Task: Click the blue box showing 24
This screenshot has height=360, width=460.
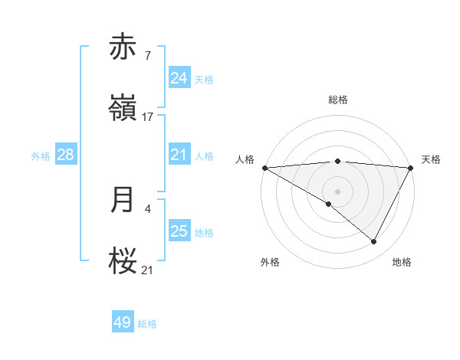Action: click(179, 78)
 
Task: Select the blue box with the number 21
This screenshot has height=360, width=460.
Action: click(179, 155)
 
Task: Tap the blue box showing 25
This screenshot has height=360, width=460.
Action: click(179, 231)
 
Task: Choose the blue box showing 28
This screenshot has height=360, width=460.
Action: click(66, 155)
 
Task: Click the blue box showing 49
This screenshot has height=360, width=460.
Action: click(123, 322)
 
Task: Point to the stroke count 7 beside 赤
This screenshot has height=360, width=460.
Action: click(147, 56)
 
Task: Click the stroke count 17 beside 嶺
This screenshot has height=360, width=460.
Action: click(148, 116)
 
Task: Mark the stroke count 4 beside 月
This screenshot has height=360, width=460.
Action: click(147, 208)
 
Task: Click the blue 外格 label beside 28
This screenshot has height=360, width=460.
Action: click(41, 155)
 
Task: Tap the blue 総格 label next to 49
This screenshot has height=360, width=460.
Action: click(147, 323)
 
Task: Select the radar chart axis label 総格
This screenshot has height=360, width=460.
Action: click(337, 100)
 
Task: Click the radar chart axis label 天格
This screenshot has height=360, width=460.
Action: click(431, 159)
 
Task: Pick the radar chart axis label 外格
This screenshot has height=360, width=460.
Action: click(270, 262)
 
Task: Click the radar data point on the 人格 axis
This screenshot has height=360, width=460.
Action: click(264, 168)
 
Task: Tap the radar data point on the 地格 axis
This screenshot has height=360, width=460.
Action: click(374, 242)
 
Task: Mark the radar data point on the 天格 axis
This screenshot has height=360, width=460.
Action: click(410, 168)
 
